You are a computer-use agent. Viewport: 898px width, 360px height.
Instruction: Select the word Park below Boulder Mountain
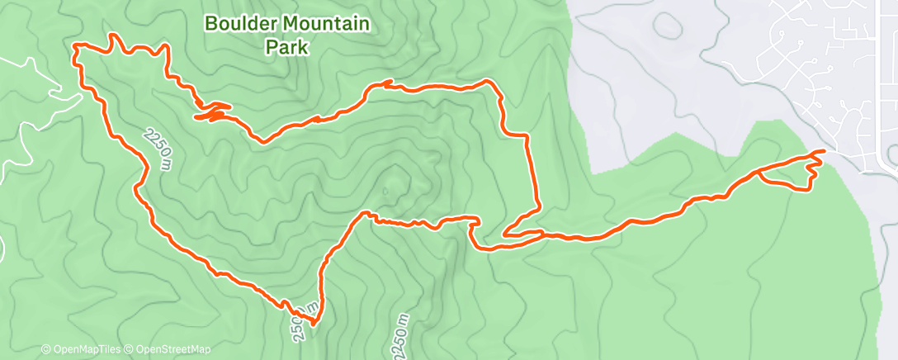(x=286, y=48)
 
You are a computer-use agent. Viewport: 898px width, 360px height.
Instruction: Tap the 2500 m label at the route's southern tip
(x=298, y=323)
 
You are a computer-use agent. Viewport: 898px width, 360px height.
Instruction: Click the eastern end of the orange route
(x=823, y=152)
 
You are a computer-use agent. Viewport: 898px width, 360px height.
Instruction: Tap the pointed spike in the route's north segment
(x=387, y=83)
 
